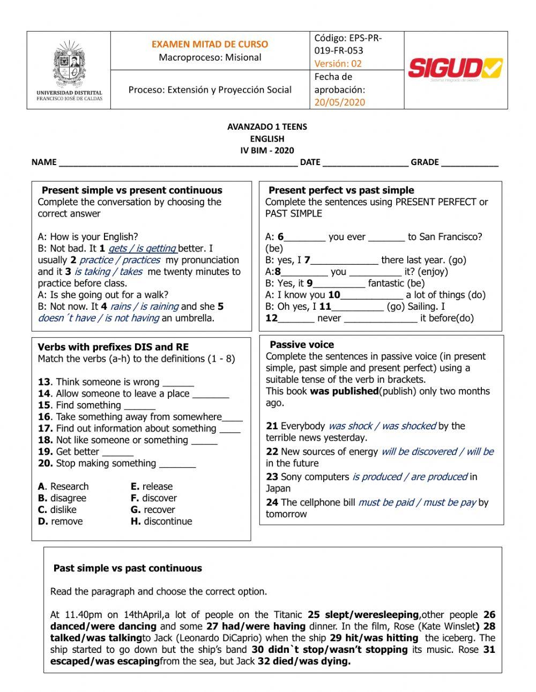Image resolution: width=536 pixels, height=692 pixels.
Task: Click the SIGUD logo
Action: [455, 69]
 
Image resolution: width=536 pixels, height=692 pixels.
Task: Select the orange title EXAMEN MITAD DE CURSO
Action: [210, 44]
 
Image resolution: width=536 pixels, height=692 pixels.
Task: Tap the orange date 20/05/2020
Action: [339, 102]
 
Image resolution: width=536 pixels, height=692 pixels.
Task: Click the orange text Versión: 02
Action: [338, 63]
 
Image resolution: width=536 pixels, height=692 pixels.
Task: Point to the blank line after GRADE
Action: [470, 163]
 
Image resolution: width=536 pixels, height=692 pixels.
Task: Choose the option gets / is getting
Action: [142, 249]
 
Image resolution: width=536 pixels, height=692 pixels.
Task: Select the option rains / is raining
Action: [144, 307]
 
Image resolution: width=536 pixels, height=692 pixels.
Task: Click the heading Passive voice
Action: [301, 345]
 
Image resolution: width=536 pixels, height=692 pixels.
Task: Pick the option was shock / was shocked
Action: [382, 426]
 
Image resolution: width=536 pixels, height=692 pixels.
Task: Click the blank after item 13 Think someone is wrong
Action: [178, 383]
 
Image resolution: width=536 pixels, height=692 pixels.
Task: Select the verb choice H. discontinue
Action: [161, 522]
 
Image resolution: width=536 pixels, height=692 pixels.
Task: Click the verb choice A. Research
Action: [63, 487]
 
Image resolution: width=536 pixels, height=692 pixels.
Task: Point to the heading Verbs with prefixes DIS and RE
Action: [113, 347]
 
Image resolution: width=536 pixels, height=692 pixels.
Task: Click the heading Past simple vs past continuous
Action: [128, 568]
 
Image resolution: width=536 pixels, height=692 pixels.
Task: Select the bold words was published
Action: [344, 391]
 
